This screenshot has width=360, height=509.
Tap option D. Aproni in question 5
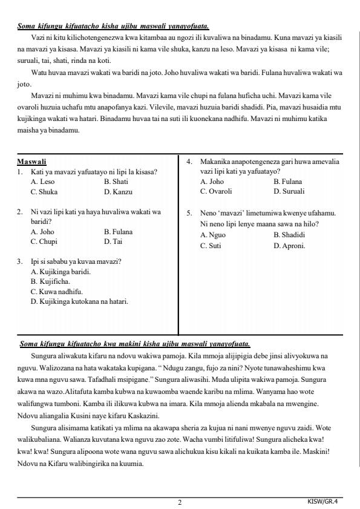click(289, 246)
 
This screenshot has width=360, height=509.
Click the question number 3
click(19, 262)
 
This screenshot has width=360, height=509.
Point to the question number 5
click(189, 213)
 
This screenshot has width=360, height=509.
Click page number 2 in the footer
click(180, 502)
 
